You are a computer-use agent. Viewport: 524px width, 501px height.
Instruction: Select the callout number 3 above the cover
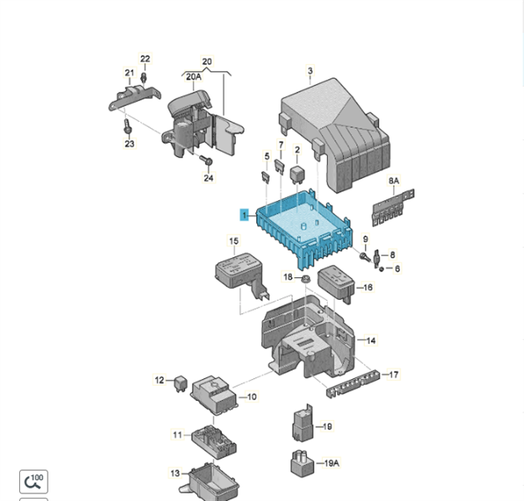(310, 71)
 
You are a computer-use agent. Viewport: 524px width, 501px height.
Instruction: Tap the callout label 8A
(394, 180)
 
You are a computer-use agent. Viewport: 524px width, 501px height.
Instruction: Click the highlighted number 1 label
(244, 215)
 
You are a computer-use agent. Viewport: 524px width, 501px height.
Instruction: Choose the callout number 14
(371, 341)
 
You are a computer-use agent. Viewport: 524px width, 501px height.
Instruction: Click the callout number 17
(394, 375)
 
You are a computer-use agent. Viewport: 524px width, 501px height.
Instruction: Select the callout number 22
(145, 59)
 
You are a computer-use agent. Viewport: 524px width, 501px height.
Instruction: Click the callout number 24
(209, 178)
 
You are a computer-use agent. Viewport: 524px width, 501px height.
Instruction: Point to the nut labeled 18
(305, 277)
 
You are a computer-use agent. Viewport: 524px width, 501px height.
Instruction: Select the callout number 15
(234, 241)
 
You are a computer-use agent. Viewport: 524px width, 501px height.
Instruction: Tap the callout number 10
(251, 397)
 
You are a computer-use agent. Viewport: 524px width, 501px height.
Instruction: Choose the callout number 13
(175, 473)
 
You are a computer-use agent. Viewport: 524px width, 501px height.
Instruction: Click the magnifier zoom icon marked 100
(33, 481)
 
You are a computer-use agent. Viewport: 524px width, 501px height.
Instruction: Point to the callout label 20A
(194, 77)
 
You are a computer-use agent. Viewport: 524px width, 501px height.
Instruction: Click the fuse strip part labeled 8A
(390, 209)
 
